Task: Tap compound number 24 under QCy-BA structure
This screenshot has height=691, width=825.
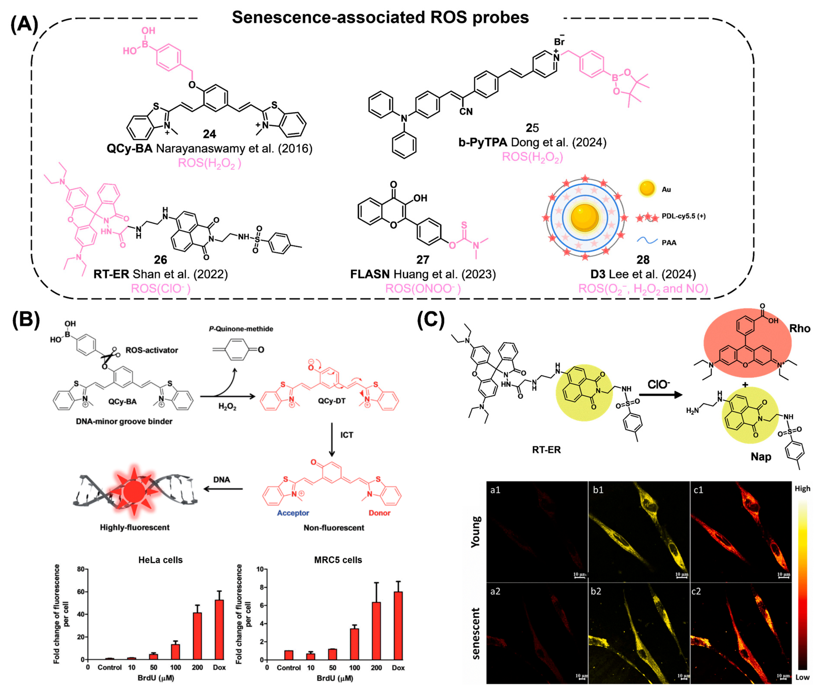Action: click(209, 134)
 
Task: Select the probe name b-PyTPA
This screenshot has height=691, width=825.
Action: click(482, 142)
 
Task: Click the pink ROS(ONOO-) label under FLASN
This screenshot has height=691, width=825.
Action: click(423, 289)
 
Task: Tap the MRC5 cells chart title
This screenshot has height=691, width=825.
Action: click(338, 560)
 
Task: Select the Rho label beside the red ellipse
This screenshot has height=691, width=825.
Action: click(800, 328)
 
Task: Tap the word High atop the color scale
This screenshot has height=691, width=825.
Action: click(802, 489)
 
